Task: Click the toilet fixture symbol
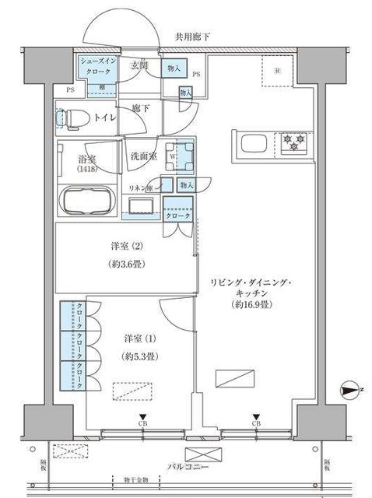(x=72, y=118)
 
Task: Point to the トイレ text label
(x=105, y=117)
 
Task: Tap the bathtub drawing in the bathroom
(x=87, y=202)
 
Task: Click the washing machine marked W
(x=182, y=156)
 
